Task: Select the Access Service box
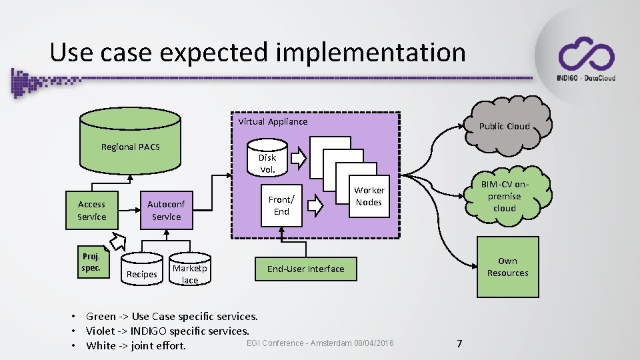(x=91, y=211)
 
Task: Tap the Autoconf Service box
(x=166, y=211)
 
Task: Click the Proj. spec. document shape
(x=91, y=262)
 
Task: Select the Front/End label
(x=281, y=205)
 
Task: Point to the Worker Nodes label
(x=369, y=196)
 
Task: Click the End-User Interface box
(x=306, y=269)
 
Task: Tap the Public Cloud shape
(x=505, y=124)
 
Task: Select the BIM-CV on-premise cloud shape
(x=504, y=196)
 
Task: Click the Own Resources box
(x=507, y=267)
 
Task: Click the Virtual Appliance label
(x=273, y=121)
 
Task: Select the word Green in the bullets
(x=101, y=316)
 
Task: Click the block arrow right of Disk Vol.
(x=299, y=158)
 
